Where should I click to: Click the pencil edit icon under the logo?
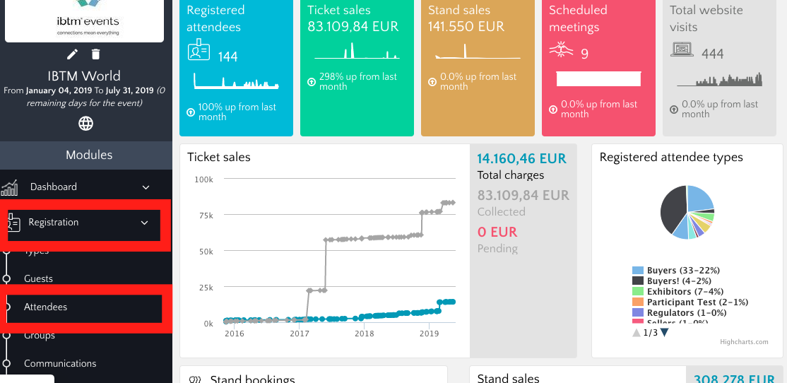[x=72, y=54]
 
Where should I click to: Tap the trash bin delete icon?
[x=96, y=54]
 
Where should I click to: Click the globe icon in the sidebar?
[x=85, y=124]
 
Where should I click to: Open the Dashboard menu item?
[x=54, y=187]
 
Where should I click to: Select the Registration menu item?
[x=54, y=223]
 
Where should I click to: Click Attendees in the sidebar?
[x=46, y=307]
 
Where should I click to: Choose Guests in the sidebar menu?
[x=39, y=279]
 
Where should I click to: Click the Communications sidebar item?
[x=60, y=364]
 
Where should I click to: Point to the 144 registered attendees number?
[x=227, y=57]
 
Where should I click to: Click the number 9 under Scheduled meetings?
[x=584, y=54]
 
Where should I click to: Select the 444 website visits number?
[x=712, y=54]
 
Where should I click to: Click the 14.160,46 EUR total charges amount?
[x=521, y=158]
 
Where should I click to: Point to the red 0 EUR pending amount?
[x=497, y=232]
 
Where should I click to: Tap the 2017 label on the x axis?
[x=300, y=334]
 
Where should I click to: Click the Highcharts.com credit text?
[x=744, y=342]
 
